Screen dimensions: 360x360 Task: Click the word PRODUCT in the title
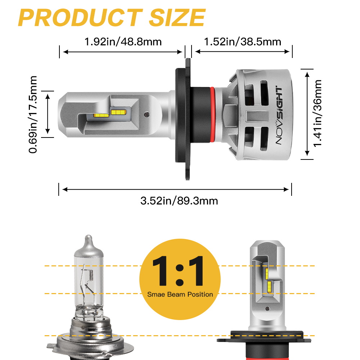pos(80,18)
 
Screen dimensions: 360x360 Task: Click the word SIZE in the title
pos(177,18)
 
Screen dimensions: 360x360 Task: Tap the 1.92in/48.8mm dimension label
pos(123,42)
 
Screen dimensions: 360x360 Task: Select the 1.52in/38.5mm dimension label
pos(242,42)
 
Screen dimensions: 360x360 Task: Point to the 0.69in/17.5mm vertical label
pos(33,114)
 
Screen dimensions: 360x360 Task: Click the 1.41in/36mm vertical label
pos(318,113)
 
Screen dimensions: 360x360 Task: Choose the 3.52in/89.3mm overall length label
pos(179,201)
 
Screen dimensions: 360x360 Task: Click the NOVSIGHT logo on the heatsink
pos(279,116)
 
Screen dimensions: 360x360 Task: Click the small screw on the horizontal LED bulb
pos(147,114)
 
